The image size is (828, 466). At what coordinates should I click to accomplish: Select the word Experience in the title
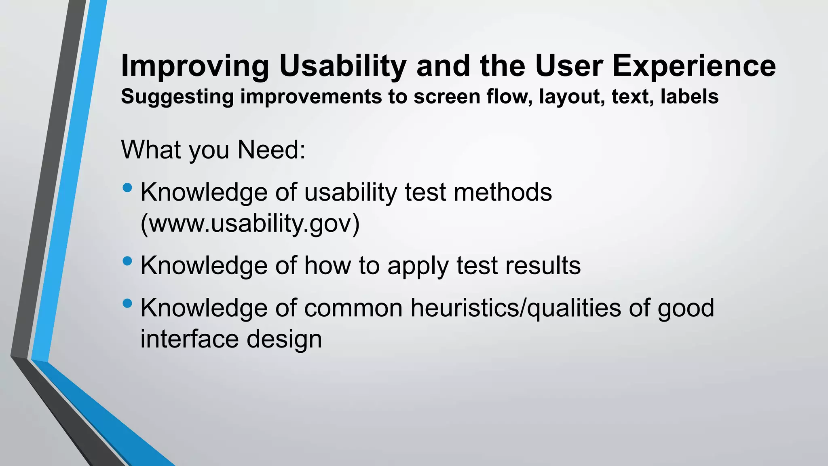pyautogui.click(x=694, y=66)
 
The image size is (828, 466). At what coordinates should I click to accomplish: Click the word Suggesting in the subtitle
pyautogui.click(x=177, y=97)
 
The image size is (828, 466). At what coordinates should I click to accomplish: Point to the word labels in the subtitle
pyautogui.click(x=689, y=97)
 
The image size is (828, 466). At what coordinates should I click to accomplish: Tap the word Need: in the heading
pyautogui.click(x=271, y=150)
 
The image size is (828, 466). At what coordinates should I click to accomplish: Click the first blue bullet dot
pyautogui.click(x=127, y=188)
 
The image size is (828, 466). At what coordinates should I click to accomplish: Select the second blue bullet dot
pyautogui.click(x=127, y=261)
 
